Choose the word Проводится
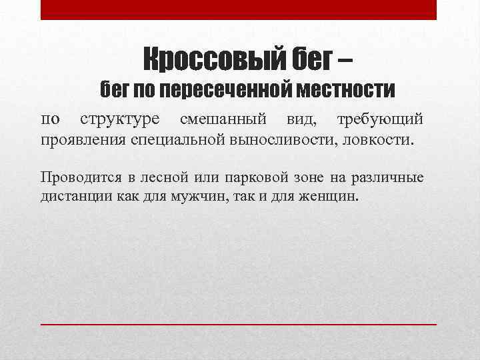coord(80,179)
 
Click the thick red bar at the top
coord(239,9)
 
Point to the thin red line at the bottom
coord(239,323)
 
